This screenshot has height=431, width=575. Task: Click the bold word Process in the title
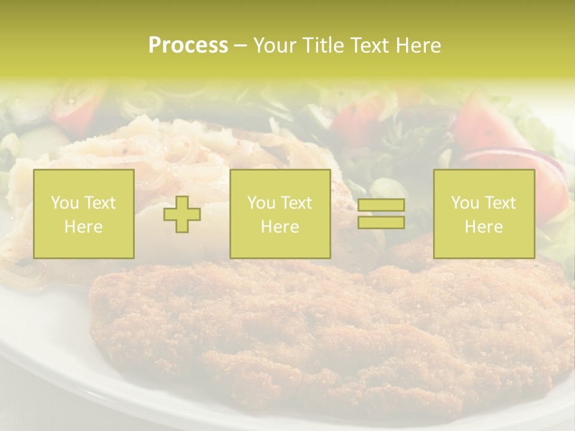188,45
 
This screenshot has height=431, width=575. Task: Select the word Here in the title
418,45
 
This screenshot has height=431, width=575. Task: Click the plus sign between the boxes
182,214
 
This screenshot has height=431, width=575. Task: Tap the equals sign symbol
381,214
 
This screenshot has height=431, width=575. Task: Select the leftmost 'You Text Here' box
83,214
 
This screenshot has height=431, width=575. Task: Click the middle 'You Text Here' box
280,214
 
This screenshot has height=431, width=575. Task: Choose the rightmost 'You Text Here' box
483,214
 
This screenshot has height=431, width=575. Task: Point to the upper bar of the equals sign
381,205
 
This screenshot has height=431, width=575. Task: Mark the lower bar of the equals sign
381,222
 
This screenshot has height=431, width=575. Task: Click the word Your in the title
276,45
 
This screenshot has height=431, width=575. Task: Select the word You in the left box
65,203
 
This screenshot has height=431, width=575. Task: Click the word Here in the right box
483,227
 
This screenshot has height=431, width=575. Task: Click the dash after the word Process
240,45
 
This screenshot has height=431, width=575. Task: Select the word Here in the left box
83,227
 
